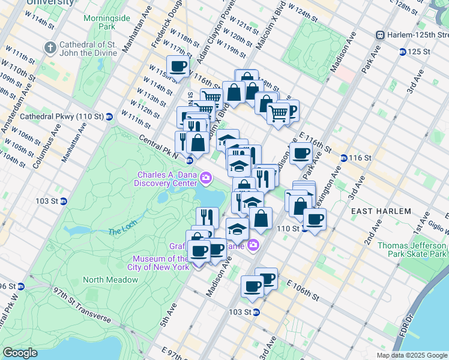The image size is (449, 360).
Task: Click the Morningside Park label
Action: coord(115,22)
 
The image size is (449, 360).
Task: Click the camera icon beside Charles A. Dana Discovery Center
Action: coord(206,178)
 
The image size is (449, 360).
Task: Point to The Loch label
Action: coord(122,232)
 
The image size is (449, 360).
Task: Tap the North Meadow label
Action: coord(110,280)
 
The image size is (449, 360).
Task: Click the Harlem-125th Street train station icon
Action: coord(379,35)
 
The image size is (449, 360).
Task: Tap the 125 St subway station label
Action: coord(418,52)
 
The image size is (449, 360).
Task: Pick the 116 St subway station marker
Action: coord(343,158)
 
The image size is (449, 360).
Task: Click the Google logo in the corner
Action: coord(20,353)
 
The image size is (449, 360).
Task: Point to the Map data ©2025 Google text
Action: coord(411,355)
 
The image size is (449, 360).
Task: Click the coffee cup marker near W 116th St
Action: coord(178,67)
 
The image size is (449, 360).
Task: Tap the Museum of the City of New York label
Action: coord(160,263)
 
